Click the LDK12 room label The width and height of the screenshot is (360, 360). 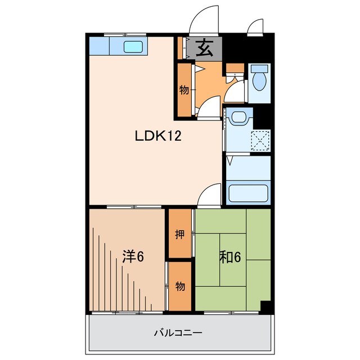point(157,136)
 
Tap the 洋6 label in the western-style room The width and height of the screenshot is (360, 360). point(134,256)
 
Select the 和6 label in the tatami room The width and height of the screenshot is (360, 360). point(230,257)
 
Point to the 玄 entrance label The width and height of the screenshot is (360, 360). point(205,49)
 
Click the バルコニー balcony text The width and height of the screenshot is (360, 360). point(179,332)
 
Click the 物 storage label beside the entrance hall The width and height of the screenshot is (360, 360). point(184,89)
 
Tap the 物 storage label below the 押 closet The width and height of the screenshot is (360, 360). point(180,286)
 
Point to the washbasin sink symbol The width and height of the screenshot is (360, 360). point(239,118)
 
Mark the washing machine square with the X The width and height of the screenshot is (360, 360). point(260,139)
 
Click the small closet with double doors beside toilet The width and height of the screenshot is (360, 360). point(234,69)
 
